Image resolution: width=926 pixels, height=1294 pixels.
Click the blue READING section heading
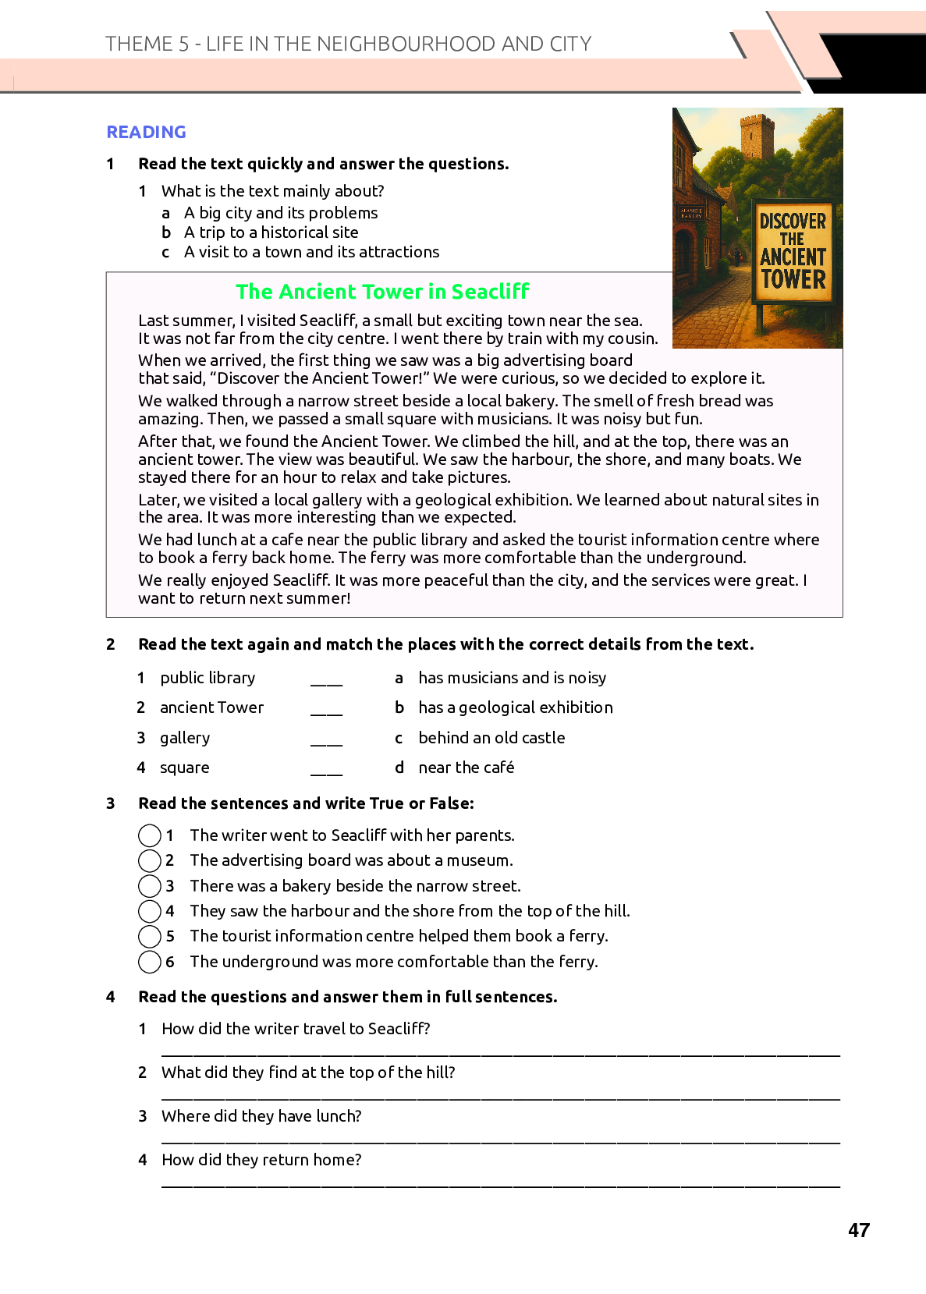[x=146, y=132]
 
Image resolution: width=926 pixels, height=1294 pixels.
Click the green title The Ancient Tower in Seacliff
[x=382, y=292]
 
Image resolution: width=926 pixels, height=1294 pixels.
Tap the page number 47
[x=858, y=1230]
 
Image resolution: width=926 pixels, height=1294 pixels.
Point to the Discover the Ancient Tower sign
[x=793, y=251]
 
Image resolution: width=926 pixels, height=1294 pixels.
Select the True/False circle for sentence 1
[x=150, y=835]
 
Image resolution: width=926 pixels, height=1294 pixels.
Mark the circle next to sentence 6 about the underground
[x=150, y=962]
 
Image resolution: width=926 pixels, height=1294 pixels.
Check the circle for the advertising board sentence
[x=150, y=860]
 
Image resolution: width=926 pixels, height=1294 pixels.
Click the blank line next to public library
[x=326, y=680]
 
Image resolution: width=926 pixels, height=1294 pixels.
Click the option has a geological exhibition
[x=515, y=707]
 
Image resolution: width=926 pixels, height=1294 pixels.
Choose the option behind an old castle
[x=491, y=738]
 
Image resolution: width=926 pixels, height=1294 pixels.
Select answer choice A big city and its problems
[x=281, y=213]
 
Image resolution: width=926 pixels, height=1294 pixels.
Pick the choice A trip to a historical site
[x=271, y=232]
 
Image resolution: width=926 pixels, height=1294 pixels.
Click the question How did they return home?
[x=261, y=1160]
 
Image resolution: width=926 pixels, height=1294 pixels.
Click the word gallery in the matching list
[x=185, y=738]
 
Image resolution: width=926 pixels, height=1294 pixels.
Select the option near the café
[x=466, y=768]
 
